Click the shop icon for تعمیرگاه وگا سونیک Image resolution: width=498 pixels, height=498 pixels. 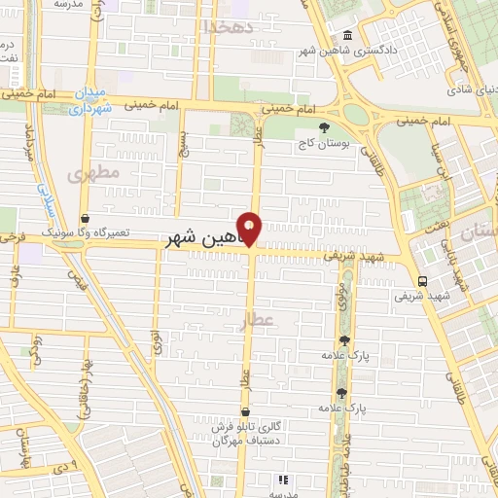pos(86,219)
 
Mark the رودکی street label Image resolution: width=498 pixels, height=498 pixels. pos(37,349)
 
